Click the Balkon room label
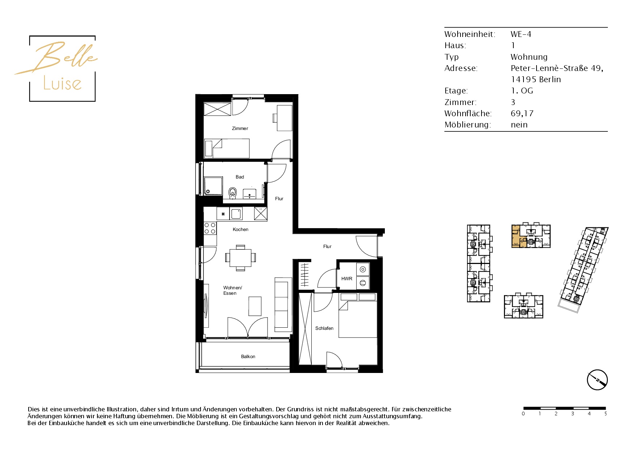click(x=248, y=357)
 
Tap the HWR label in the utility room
click(x=347, y=279)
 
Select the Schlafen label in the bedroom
click(x=324, y=328)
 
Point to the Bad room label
click(x=240, y=177)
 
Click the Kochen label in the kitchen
click(x=240, y=230)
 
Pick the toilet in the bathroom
click(x=232, y=192)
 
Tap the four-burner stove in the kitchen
click(x=210, y=228)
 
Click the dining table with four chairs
click(x=240, y=258)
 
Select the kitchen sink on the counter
click(x=236, y=214)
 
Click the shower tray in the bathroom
click(x=213, y=186)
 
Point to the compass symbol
click(x=597, y=380)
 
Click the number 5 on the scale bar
click(x=605, y=414)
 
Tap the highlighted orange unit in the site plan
click(x=518, y=236)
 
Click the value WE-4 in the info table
click(x=521, y=34)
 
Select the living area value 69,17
click(x=522, y=114)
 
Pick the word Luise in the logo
click(x=62, y=83)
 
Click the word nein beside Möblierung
click(x=519, y=125)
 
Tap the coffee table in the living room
click(x=255, y=306)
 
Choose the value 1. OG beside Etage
click(x=522, y=91)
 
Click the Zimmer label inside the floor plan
click(x=240, y=129)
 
